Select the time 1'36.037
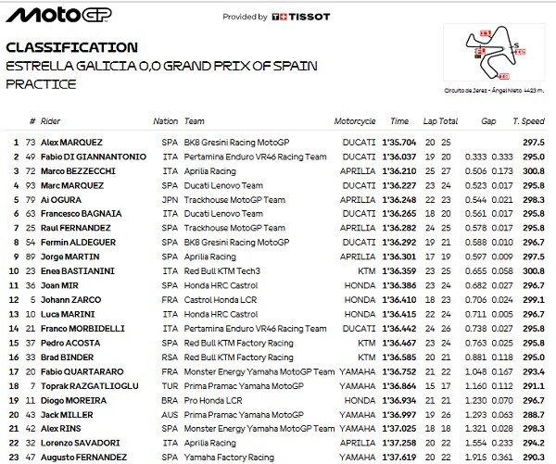pyautogui.click(x=403, y=157)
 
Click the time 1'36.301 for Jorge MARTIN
pyautogui.click(x=403, y=253)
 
